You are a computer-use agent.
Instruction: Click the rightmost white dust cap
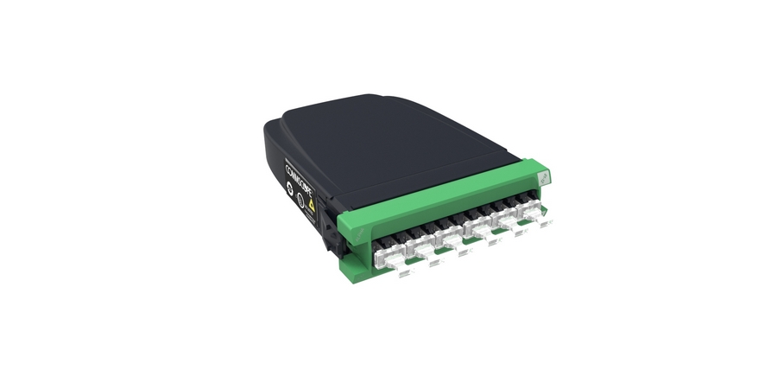(x=528, y=214)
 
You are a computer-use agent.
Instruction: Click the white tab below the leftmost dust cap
(x=405, y=275)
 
